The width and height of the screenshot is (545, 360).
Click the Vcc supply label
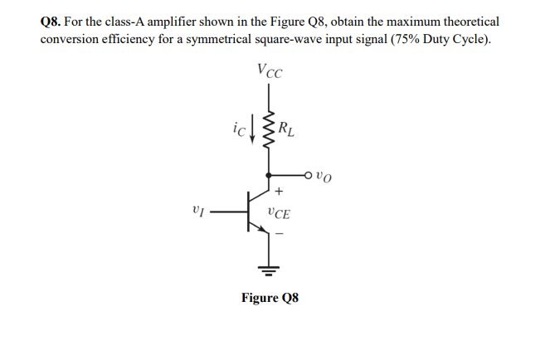point(269,72)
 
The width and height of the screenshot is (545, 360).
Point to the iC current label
point(237,129)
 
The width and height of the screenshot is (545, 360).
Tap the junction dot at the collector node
point(268,175)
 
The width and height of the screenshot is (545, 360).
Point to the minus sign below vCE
point(279,232)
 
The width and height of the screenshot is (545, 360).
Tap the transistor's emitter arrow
point(260,228)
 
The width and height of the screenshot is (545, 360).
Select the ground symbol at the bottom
point(268,267)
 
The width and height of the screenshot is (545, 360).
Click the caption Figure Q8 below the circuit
point(269,297)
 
